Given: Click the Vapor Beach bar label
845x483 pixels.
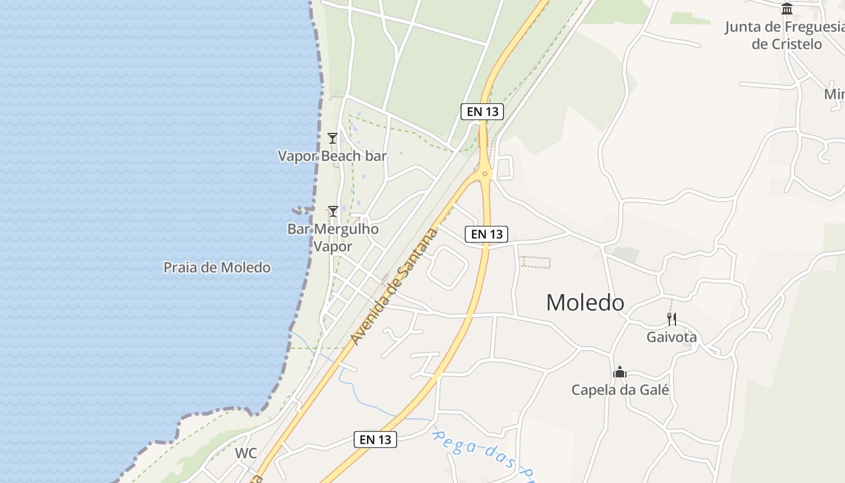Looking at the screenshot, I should pyautogui.click(x=332, y=156).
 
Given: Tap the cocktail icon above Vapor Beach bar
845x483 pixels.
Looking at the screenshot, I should pyautogui.click(x=332, y=138).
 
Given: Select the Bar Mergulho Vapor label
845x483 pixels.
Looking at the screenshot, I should pyautogui.click(x=333, y=238).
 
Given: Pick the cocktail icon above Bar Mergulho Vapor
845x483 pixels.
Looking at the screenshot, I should pyautogui.click(x=333, y=211).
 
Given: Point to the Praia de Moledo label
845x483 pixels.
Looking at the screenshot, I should pyautogui.click(x=217, y=267).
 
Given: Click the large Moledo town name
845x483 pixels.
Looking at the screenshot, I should pyautogui.click(x=585, y=302).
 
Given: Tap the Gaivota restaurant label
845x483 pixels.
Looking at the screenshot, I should pyautogui.click(x=671, y=337).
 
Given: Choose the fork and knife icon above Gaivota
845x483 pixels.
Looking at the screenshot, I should pyautogui.click(x=671, y=319).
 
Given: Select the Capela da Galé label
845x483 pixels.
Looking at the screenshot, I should pyautogui.click(x=620, y=390).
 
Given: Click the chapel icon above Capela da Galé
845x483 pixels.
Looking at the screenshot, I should pyautogui.click(x=619, y=373).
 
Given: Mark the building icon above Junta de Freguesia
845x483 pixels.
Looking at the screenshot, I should pyautogui.click(x=786, y=9).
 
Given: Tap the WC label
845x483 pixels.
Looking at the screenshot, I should pyautogui.click(x=246, y=453).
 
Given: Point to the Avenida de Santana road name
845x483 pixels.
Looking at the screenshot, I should pyautogui.click(x=395, y=287).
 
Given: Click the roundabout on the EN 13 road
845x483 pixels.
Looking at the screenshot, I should pyautogui.click(x=485, y=174).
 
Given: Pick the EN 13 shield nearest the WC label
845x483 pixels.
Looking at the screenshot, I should pyautogui.click(x=375, y=440).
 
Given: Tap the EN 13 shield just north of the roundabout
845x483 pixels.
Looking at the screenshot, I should pyautogui.click(x=482, y=111).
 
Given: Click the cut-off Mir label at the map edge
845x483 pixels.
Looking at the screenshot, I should pyautogui.click(x=834, y=94).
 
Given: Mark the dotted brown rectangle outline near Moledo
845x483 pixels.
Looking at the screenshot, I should pyautogui.click(x=535, y=262).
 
